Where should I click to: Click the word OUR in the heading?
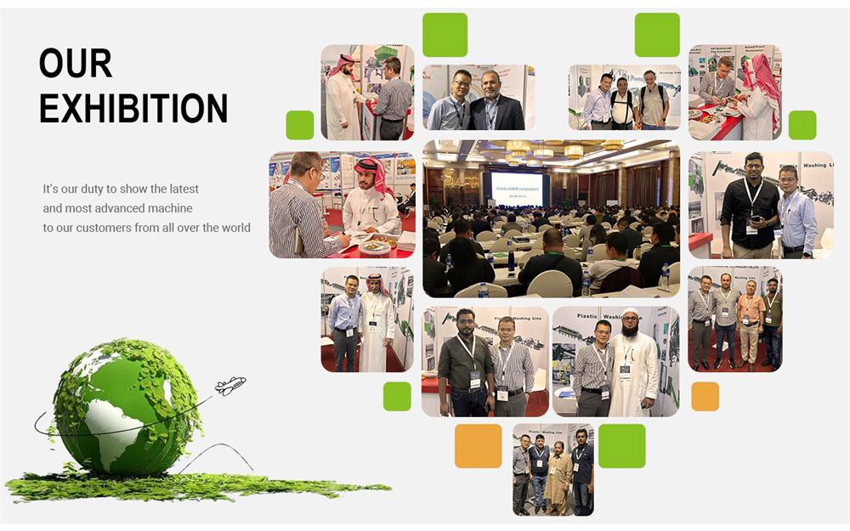(76, 65)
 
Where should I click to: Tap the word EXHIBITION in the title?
(133, 108)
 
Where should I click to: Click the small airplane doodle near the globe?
(229, 387)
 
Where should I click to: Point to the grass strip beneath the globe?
(195, 489)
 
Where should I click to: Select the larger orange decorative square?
(478, 446)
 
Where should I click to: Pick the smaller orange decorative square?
(705, 396)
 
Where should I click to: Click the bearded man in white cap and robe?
(632, 370)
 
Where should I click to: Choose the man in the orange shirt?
(750, 323)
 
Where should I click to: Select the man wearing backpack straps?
(623, 100)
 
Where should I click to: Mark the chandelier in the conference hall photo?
(574, 150)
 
